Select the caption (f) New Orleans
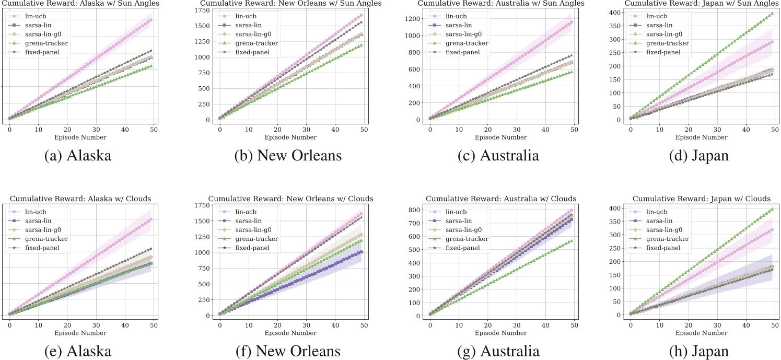coord(290,351)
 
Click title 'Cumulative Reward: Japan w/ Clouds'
coord(701,199)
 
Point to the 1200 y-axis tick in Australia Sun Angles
coord(414,19)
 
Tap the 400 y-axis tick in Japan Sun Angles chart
coord(617,13)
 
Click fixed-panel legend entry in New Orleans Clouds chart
coord(254,247)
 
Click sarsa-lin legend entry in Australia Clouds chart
coord(456,220)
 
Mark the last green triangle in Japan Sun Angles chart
coord(772,14)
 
